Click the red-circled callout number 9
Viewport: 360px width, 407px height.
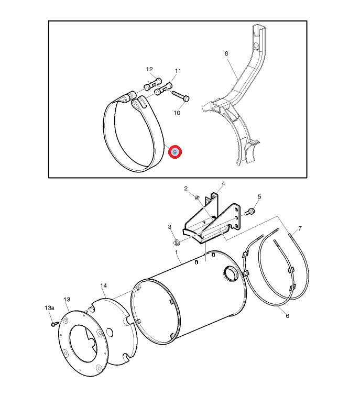[x=175, y=152]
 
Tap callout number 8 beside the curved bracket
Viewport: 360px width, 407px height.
[x=226, y=53]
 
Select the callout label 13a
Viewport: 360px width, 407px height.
[x=49, y=308]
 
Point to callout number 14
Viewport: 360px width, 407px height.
[x=103, y=285]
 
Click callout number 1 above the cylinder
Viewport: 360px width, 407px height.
[x=177, y=252]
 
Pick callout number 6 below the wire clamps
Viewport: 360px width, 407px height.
[x=287, y=316]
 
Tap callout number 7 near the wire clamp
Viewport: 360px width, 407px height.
[x=300, y=228]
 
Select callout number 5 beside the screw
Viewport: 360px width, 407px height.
[x=259, y=197]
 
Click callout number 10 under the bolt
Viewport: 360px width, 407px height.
[x=177, y=113]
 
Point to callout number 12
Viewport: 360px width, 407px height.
[x=149, y=69]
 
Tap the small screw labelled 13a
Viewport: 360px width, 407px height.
[x=54, y=324]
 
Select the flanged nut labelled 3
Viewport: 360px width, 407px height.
[x=177, y=243]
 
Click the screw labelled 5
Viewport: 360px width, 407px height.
[x=250, y=212]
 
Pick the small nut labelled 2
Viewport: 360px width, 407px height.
[x=197, y=198]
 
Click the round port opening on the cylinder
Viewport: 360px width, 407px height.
[x=231, y=273]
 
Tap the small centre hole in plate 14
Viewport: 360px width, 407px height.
[x=110, y=332]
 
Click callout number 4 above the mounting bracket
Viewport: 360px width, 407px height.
[x=223, y=183]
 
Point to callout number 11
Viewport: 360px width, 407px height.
[x=178, y=71]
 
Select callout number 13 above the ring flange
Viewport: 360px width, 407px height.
[x=67, y=300]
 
